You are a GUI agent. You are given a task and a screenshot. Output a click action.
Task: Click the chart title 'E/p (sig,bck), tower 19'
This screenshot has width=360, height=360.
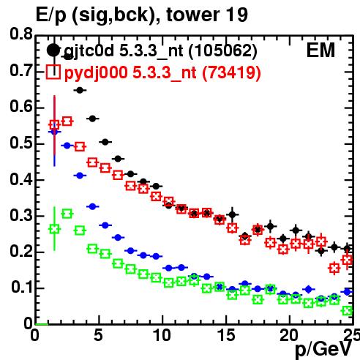(142, 15)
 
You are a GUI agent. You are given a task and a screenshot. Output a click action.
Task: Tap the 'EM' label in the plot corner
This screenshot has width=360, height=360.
(320, 50)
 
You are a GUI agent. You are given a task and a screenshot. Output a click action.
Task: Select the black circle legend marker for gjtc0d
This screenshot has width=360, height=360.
(53, 50)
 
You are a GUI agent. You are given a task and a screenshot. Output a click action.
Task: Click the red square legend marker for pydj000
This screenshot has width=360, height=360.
(53, 72)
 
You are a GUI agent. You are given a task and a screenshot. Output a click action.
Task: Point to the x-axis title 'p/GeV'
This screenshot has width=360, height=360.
(323, 349)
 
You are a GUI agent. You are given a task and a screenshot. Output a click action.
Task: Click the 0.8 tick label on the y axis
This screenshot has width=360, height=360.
(21, 34)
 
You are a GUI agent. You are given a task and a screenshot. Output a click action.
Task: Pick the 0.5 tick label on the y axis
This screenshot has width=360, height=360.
(21, 143)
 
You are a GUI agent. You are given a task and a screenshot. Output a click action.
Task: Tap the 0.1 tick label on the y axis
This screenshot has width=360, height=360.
(21, 287)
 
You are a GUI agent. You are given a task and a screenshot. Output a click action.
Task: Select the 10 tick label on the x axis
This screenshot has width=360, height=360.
(162, 335)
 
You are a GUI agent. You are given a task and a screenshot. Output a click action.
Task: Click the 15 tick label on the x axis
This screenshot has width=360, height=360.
(226, 335)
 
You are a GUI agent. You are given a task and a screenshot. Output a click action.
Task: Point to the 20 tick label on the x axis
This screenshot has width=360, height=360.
(289, 335)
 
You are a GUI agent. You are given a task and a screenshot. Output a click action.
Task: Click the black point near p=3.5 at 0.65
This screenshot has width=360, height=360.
(80, 90)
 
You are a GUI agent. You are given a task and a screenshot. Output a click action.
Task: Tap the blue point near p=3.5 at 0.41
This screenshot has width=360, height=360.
(80, 176)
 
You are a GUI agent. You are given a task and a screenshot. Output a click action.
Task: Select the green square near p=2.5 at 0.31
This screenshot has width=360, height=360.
(67, 214)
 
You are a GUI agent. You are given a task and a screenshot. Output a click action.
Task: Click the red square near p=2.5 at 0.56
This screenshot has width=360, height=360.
(67, 121)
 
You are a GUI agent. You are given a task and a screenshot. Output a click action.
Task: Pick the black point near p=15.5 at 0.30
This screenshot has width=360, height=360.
(233, 215)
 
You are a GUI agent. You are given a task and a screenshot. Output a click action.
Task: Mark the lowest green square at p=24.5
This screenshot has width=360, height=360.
(348, 311)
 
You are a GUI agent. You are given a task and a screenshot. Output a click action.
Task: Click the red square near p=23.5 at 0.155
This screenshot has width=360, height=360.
(334, 269)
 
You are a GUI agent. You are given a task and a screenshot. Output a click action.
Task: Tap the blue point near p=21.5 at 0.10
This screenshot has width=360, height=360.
(309, 290)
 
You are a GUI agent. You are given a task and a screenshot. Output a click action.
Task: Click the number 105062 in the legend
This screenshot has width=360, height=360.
(222, 50)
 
